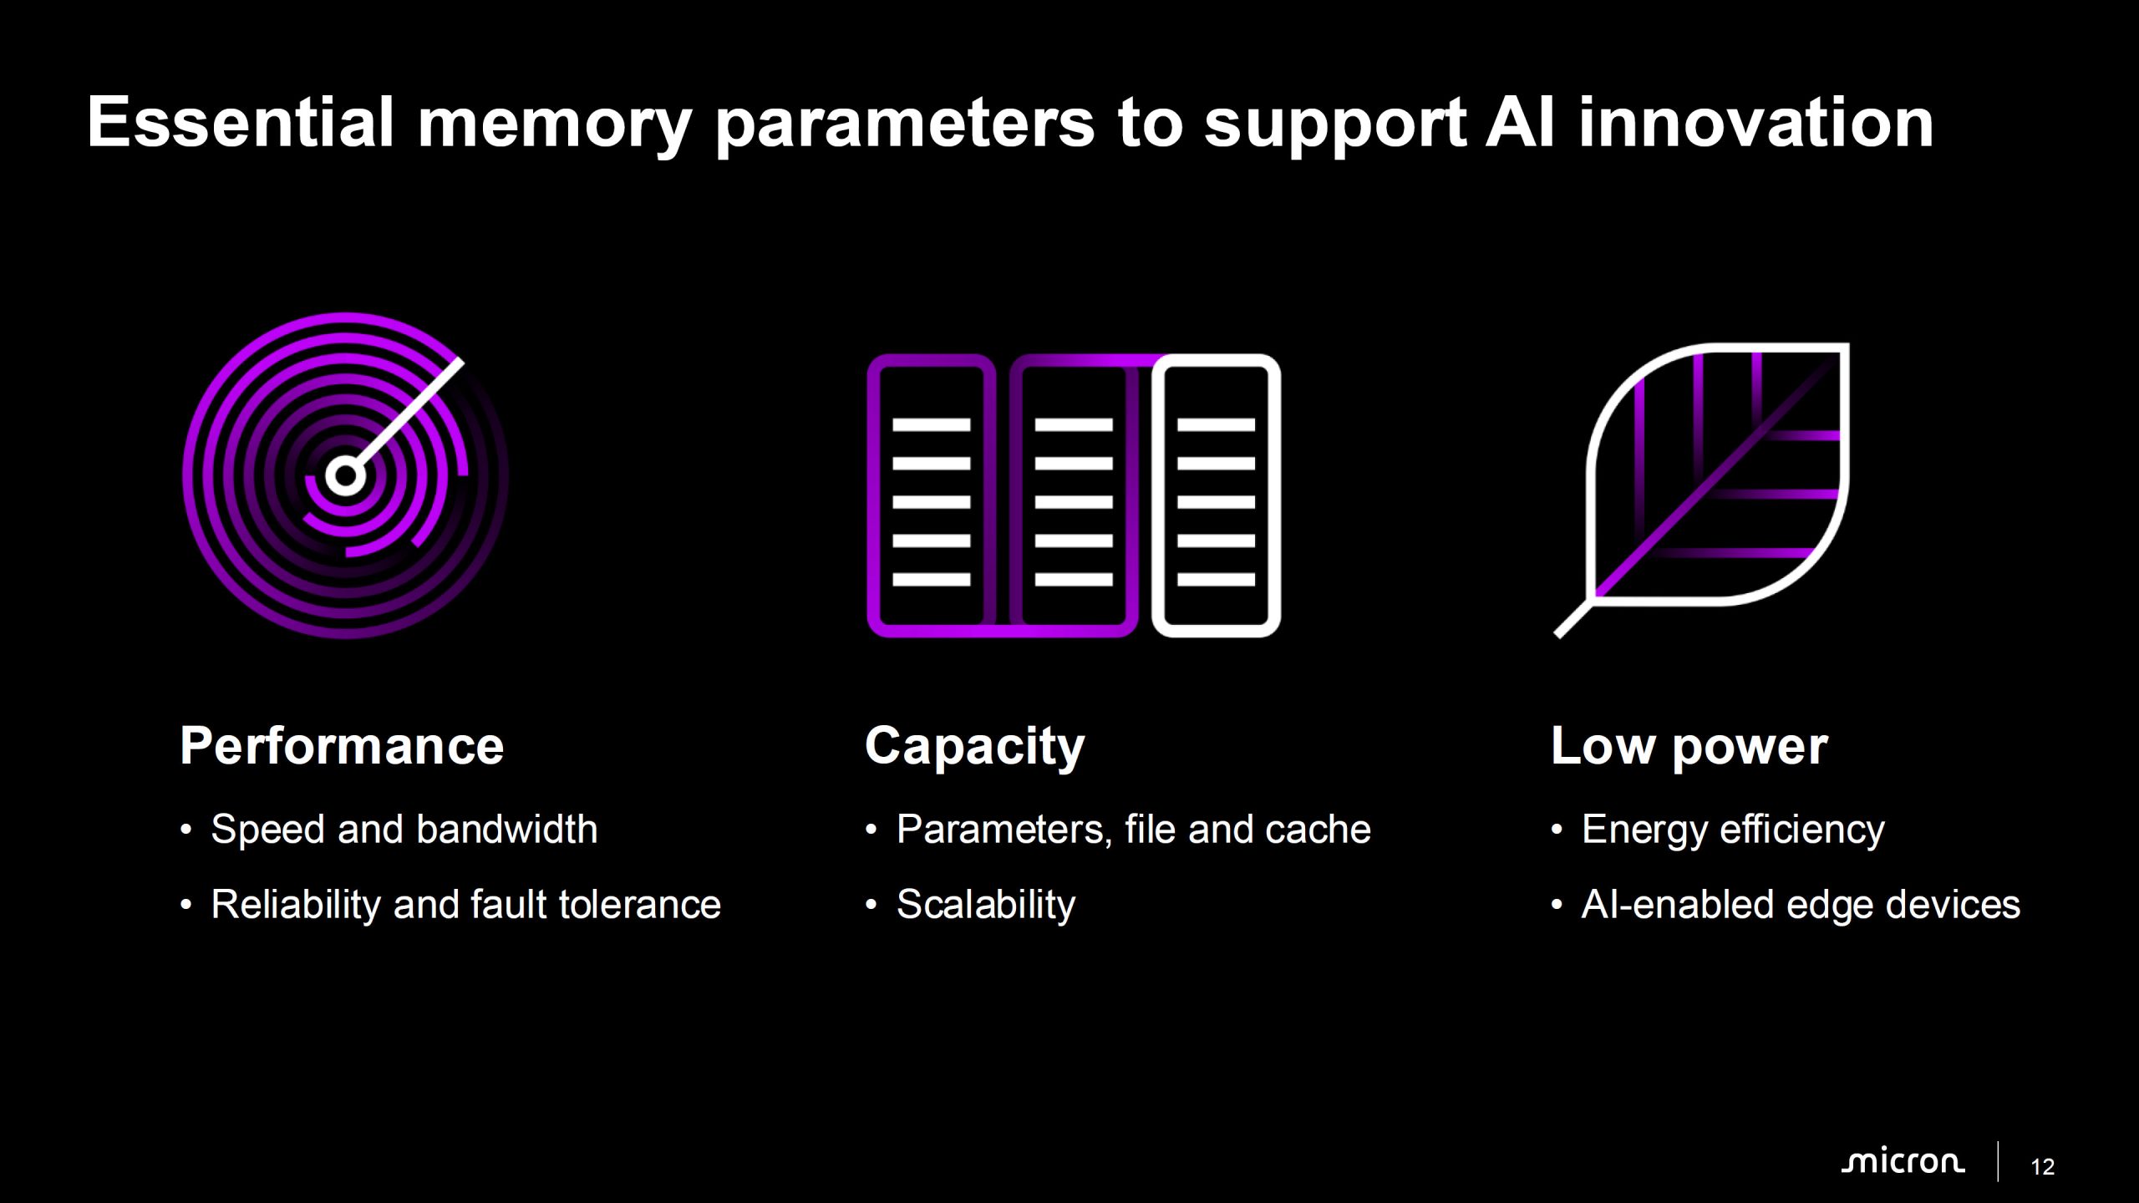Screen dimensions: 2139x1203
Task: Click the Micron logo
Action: coord(1903,1162)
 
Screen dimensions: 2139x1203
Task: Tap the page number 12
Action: coord(2042,1167)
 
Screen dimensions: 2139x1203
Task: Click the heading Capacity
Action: coord(974,747)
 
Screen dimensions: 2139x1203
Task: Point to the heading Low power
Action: coord(1689,747)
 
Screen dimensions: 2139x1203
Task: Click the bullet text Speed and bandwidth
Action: coord(404,830)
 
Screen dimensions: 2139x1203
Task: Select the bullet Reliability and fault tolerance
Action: coord(466,905)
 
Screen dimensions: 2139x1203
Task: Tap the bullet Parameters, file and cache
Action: coord(1134,830)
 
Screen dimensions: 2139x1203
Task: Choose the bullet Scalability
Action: coord(986,905)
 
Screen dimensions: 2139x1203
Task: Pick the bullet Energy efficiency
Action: coord(1734,830)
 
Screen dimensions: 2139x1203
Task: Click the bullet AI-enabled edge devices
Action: coord(1801,905)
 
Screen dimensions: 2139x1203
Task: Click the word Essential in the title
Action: coord(241,122)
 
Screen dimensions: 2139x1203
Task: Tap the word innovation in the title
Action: coord(1756,122)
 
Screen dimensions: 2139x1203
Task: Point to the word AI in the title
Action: coord(1521,122)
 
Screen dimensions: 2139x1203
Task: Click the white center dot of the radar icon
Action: coord(345,476)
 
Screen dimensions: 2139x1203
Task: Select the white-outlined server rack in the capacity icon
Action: coord(1216,495)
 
